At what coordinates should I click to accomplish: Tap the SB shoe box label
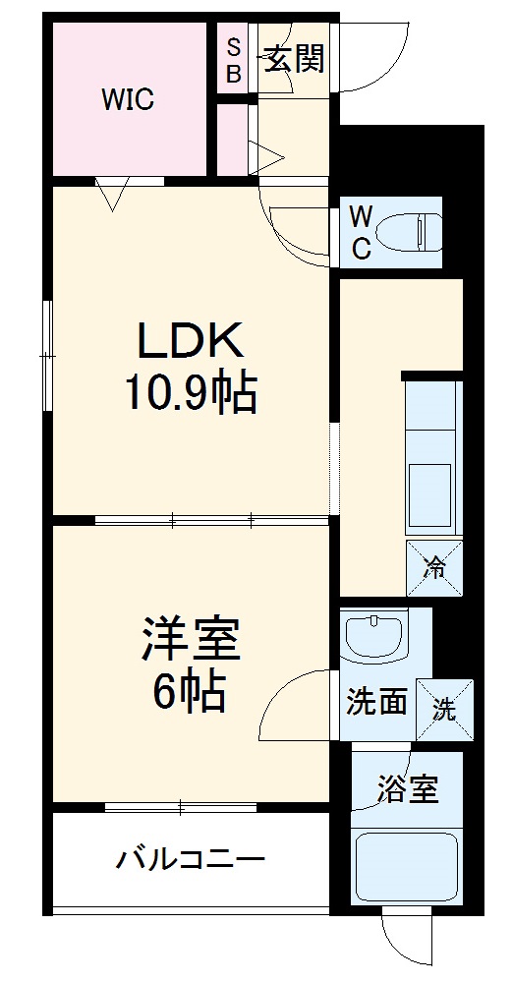pos(234,60)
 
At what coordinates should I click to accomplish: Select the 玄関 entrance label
pos(294,60)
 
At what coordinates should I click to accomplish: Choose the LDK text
pos(190,342)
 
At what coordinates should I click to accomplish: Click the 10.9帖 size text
pos(190,394)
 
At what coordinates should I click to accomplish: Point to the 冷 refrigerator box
pos(433,567)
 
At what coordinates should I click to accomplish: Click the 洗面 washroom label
pos(376,704)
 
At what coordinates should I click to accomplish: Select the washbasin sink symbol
pos(374,636)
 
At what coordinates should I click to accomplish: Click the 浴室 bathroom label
pos(408,788)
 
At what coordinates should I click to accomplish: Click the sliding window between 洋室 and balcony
pos(181,808)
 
